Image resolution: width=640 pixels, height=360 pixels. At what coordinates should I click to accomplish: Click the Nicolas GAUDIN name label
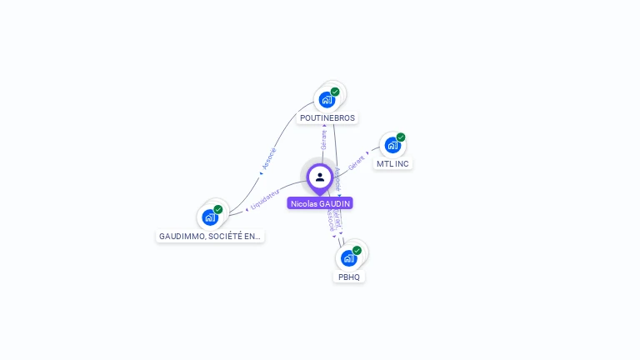tap(320, 203)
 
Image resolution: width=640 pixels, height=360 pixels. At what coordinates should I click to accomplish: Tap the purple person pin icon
tap(320, 177)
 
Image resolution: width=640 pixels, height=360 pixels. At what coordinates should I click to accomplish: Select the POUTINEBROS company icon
tap(327, 99)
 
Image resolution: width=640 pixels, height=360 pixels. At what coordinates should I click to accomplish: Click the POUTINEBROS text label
tap(327, 118)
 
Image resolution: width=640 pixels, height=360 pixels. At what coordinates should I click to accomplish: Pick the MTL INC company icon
tap(392, 145)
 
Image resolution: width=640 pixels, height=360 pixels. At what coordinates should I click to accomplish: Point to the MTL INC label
tap(392, 163)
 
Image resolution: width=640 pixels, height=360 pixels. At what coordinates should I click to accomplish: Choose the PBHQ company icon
tap(349, 257)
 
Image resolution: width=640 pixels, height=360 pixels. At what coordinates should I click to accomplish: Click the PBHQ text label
tap(349, 277)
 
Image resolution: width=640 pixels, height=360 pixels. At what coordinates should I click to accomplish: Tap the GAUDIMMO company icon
tap(210, 217)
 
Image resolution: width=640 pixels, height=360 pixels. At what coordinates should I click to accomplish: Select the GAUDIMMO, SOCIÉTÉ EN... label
tap(210, 237)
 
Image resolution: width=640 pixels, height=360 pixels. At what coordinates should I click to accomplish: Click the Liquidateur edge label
tap(265, 198)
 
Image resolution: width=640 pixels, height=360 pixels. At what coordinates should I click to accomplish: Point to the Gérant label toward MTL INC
tap(357, 162)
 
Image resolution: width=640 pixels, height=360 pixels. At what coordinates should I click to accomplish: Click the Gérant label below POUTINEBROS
tap(324, 139)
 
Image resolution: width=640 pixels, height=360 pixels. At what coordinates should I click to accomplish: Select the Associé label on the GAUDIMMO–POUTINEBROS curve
tap(268, 158)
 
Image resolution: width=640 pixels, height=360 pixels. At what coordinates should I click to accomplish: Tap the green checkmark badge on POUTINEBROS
tap(335, 92)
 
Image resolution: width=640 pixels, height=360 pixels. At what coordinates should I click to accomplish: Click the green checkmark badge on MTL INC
tap(401, 137)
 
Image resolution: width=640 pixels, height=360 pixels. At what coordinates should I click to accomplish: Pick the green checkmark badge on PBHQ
tap(357, 250)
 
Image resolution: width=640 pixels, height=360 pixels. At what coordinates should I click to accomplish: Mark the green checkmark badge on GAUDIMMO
tap(218, 209)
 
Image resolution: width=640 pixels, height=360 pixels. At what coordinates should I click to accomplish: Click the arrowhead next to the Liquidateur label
tap(247, 207)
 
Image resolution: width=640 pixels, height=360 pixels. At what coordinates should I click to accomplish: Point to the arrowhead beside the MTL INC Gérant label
tap(367, 153)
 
